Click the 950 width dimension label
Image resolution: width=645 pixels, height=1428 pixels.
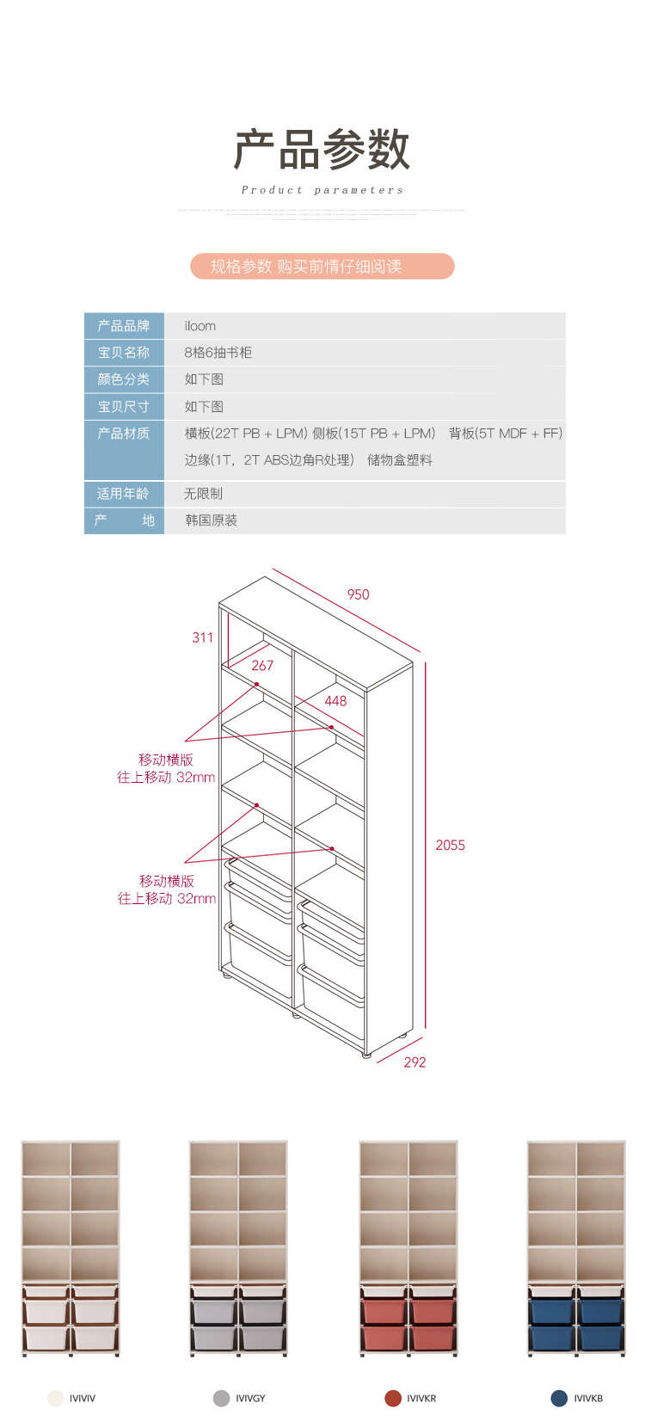[358, 594]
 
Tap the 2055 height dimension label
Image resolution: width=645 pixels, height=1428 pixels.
[450, 845]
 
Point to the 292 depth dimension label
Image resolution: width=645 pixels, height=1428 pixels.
[415, 1062]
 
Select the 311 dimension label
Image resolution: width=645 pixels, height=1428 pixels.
[203, 637]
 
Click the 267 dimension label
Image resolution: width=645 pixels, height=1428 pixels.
[262, 665]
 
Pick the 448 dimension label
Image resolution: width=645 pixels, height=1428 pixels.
[335, 701]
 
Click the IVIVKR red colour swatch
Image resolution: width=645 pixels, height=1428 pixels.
[393, 1398]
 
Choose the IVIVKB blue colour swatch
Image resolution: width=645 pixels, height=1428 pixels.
[559, 1398]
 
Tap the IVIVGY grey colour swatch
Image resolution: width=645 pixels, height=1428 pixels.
[221, 1398]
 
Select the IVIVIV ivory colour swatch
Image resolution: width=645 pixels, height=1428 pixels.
[56, 1398]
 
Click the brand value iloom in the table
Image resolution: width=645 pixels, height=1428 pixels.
[200, 326]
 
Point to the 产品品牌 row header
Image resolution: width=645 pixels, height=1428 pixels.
[124, 326]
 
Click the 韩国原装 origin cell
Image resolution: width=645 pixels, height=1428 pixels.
[212, 520]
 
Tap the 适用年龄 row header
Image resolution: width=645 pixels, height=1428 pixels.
[124, 494]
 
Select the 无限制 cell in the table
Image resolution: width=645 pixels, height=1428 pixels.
[204, 494]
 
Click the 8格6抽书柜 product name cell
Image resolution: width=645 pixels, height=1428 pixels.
[218, 353]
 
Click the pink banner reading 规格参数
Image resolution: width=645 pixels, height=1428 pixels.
[322, 267]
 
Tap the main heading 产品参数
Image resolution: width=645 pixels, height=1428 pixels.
[322, 150]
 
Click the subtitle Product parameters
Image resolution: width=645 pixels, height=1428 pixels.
[322, 190]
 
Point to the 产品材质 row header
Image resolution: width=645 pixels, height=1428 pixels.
[124, 434]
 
